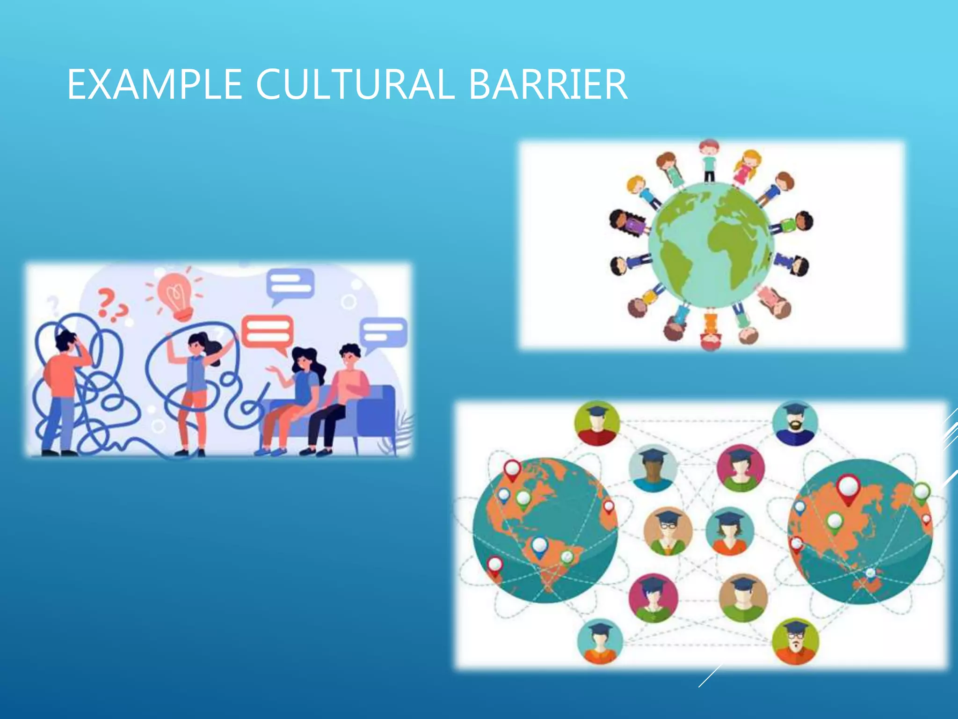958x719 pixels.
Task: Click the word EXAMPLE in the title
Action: point(154,84)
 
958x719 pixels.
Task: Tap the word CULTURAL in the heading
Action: point(355,84)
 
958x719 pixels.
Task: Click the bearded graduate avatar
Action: point(795,424)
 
